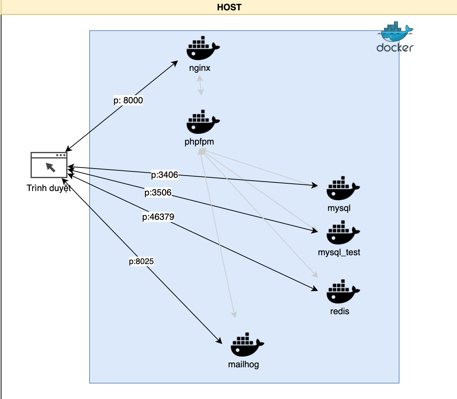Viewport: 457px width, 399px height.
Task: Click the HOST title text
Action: pyautogui.click(x=229, y=7)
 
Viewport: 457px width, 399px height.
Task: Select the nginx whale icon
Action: pyautogui.click(x=202, y=49)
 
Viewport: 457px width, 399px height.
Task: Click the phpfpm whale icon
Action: pyautogui.click(x=202, y=122)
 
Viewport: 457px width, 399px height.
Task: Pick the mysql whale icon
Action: pyautogui.click(x=342, y=188)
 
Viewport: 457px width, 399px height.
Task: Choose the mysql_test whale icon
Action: pyautogui.click(x=342, y=233)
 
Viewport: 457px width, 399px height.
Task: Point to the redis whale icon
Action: pyautogui.click(x=342, y=292)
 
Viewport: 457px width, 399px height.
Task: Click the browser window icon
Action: pyautogui.click(x=49, y=165)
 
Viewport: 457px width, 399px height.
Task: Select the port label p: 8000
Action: pyautogui.click(x=128, y=100)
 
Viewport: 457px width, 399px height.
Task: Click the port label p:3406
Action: pyautogui.click(x=164, y=175)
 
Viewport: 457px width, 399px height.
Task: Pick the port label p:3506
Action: pyautogui.click(x=158, y=192)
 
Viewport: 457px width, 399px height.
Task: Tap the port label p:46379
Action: pyautogui.click(x=158, y=217)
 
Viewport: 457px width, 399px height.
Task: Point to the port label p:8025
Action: pyautogui.click(x=141, y=261)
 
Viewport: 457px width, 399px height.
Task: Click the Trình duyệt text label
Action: pyautogui.click(x=49, y=188)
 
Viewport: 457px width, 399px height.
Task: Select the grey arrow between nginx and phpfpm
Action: pyautogui.click(x=200, y=85)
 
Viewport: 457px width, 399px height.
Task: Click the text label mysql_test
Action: pyautogui.click(x=339, y=252)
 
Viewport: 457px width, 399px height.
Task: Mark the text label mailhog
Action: pyautogui.click(x=243, y=364)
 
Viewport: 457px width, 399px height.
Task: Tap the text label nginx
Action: pyautogui.click(x=200, y=68)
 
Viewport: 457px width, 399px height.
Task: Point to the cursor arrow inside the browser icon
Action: pyautogui.click(x=50, y=167)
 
